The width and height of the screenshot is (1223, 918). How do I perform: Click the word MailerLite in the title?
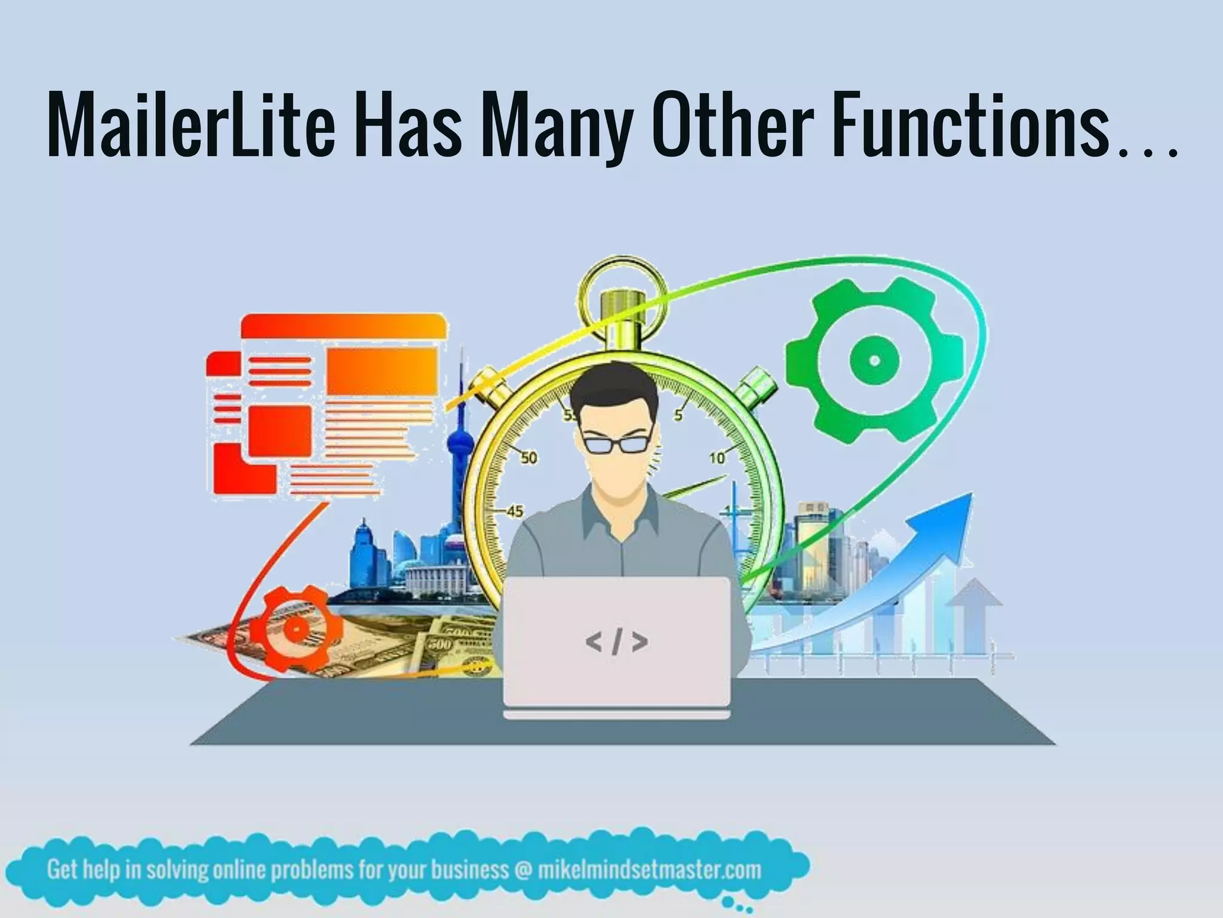tap(190, 127)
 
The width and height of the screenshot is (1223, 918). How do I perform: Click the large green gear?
tap(874, 360)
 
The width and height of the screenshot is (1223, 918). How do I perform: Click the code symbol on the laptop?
tap(617, 642)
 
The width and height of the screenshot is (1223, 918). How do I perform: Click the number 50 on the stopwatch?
tap(528, 458)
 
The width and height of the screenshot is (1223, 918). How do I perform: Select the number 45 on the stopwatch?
tap(514, 511)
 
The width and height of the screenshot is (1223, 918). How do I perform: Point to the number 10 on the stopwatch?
tap(717, 458)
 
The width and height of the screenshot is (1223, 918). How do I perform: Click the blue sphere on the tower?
tap(460, 445)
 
